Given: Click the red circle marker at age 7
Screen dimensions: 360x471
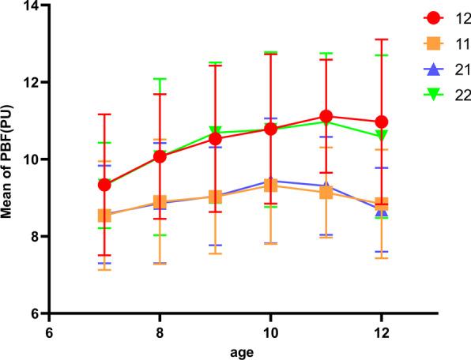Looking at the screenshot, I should pyautogui.click(x=104, y=185).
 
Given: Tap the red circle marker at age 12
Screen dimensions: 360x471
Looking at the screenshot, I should pyautogui.click(x=382, y=122).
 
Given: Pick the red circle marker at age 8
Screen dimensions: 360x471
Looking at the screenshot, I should pyautogui.click(x=160, y=156).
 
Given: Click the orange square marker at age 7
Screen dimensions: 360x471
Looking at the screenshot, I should pyautogui.click(x=104, y=215).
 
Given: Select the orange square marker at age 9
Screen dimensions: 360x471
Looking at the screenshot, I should pyautogui.click(x=215, y=197).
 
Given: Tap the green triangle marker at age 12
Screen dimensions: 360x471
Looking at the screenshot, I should pyautogui.click(x=382, y=136).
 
